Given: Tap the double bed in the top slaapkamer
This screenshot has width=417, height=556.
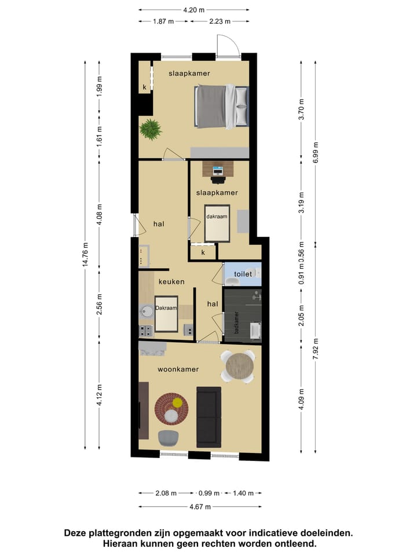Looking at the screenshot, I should coord(222,107).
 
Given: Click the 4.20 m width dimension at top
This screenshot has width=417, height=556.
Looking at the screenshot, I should coord(194,10).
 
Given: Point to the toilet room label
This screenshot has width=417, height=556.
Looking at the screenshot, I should coord(243,274).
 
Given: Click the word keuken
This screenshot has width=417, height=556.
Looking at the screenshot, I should coord(171,281).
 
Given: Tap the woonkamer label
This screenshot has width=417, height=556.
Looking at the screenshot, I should coord(178,369).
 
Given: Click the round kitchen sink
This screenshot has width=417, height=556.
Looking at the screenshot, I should coord(145,312).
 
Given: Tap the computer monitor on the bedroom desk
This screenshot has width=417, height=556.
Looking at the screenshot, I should coord(218,170).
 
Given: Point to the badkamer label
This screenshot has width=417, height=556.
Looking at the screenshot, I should coord(236,322).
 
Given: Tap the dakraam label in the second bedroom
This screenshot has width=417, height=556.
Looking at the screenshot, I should coord(217,217).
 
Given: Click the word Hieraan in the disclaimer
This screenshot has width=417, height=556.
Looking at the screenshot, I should coord(122,544).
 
